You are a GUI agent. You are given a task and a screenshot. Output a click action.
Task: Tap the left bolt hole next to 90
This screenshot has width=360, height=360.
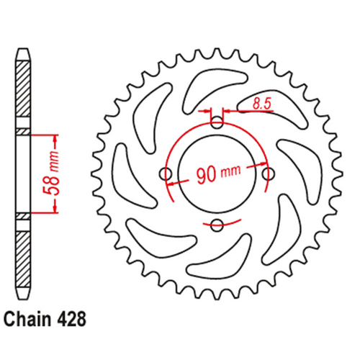pyautogui.click(x=166, y=174)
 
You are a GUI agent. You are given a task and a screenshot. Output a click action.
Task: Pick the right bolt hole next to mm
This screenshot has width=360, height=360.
pyautogui.click(x=269, y=174)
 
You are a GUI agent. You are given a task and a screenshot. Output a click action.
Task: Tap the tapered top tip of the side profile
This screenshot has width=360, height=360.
pyautogui.click(x=22, y=54)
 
